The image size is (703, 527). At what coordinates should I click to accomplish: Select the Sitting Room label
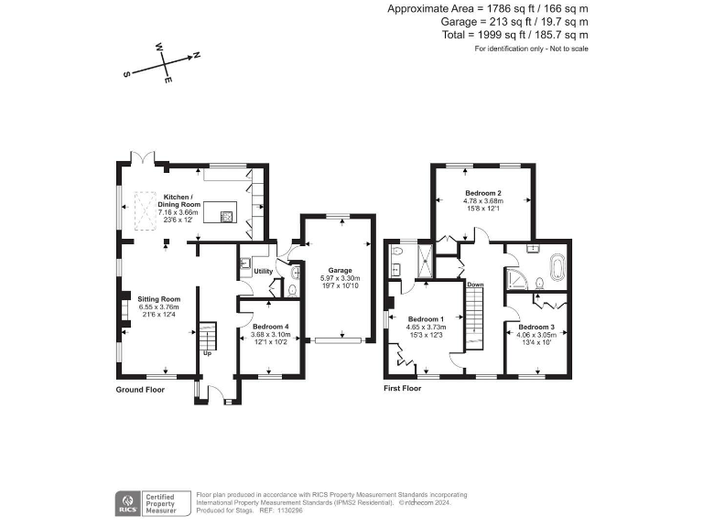point(158,299)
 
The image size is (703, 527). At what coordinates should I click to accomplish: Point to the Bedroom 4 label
point(269,328)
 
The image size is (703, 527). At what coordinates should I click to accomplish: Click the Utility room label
point(263,272)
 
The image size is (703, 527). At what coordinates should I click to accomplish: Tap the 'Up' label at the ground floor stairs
point(207,353)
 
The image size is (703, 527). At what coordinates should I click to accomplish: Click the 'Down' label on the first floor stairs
point(475,285)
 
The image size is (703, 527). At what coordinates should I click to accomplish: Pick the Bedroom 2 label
point(482,194)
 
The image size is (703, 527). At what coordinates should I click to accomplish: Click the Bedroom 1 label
point(425,319)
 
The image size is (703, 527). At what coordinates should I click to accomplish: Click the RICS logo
point(129,502)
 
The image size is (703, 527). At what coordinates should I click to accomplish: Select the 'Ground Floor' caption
point(140,389)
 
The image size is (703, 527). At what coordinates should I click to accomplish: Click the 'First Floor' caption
point(403,389)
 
